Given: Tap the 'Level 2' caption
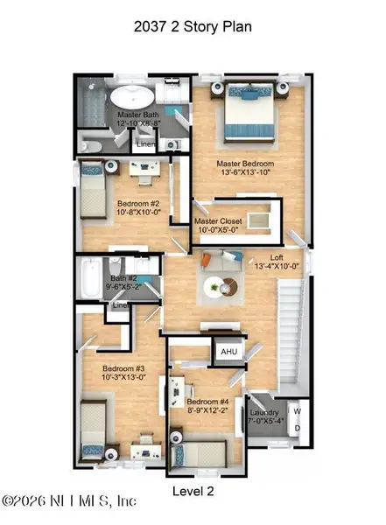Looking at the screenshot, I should tap(193, 491).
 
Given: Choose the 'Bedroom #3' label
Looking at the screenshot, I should tap(123, 373).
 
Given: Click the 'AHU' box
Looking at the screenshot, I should tap(228, 351).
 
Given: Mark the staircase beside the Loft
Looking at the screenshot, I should tap(290, 328).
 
